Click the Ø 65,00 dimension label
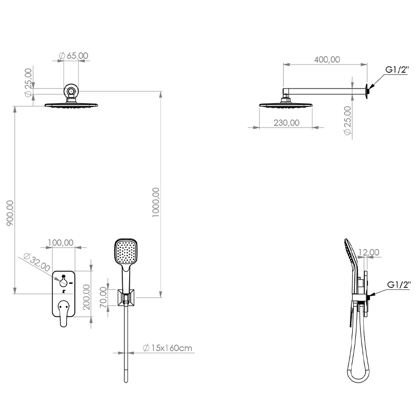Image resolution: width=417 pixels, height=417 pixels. (x=73, y=56)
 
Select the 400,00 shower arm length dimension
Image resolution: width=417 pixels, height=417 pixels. (x=327, y=60)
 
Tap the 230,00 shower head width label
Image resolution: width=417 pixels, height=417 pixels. (x=286, y=123)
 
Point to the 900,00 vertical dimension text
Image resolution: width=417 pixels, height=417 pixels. (x=10, y=213)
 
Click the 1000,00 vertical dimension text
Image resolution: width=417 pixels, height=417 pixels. (x=156, y=202)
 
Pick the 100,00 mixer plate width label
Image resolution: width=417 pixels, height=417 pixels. (x=61, y=243)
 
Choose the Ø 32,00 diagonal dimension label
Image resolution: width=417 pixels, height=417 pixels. (x=37, y=262)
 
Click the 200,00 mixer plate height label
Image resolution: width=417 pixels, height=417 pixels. (x=86, y=297)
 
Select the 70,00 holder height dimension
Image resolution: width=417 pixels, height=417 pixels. (x=103, y=297)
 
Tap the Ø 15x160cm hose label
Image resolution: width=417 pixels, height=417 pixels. (x=167, y=348)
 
